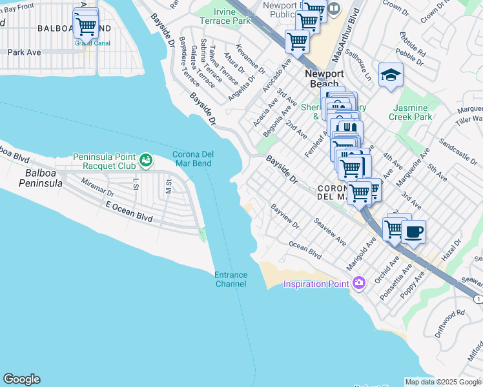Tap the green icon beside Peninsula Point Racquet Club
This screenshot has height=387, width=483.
point(147,158)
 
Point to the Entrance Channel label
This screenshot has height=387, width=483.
point(231,279)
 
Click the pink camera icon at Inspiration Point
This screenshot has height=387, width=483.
point(359,283)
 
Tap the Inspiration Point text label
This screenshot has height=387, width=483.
point(316,284)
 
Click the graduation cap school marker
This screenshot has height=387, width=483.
point(391,76)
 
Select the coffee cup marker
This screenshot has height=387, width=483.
point(413,232)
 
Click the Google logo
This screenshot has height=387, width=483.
point(21,379)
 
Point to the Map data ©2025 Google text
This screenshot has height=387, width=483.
point(443,382)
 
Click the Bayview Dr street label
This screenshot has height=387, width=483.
point(285,216)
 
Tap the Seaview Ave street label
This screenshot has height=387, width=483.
point(330,231)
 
